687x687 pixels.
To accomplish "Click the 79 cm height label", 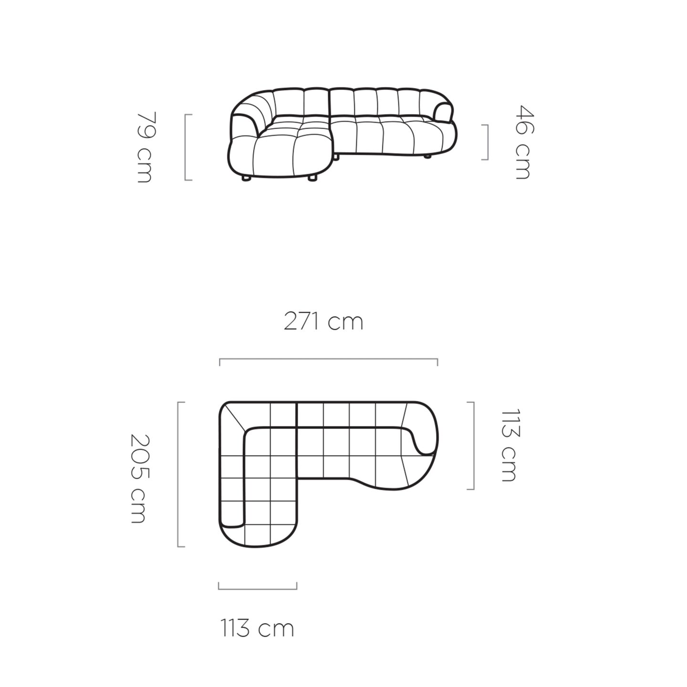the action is coord(145,147).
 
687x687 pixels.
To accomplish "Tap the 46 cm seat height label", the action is coord(524,142).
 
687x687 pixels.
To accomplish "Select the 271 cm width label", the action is coord(323,321).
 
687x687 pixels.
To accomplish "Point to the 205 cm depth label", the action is coord(138,479).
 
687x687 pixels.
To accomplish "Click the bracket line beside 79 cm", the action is coord(186,147).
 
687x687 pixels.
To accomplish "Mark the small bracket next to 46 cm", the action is coord(486,142).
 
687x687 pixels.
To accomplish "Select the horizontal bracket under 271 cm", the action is coord(328,359).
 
